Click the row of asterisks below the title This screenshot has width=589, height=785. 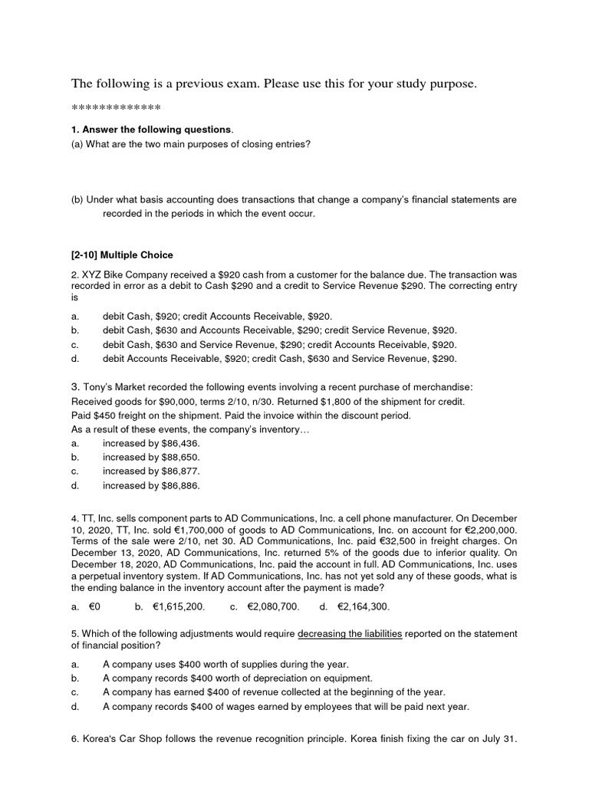pos(116,107)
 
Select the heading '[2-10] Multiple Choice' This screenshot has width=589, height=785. pos(122,254)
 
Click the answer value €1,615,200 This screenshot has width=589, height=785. pos(179,606)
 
